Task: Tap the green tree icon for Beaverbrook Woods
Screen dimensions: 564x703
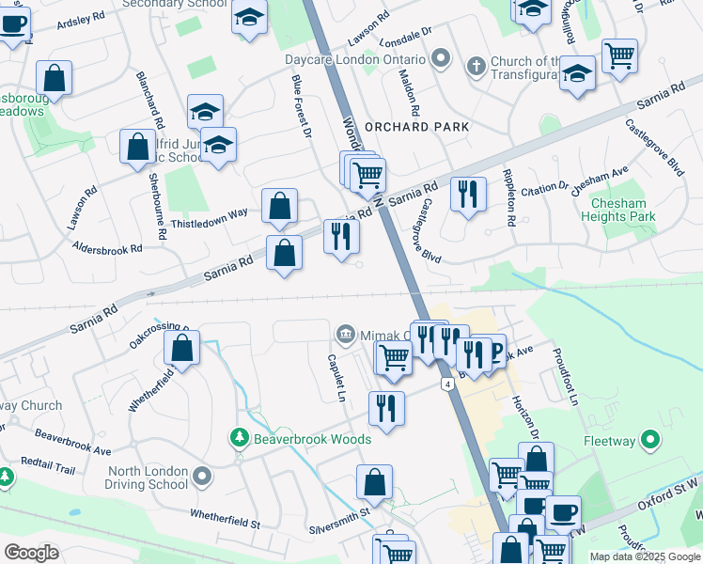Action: (240, 438)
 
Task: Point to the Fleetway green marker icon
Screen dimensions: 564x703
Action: (649, 439)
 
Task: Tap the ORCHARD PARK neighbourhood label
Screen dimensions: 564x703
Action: (416, 127)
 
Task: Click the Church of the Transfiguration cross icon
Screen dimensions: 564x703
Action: (476, 65)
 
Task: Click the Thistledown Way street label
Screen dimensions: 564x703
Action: (210, 218)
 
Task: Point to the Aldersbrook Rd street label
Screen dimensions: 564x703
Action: (107, 248)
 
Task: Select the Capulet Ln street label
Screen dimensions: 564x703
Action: (335, 373)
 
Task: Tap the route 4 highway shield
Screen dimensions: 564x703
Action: (448, 384)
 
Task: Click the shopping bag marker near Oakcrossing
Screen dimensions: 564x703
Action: (181, 347)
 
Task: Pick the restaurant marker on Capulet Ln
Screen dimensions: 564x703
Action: (386, 408)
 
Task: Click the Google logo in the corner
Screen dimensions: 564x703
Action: (31, 553)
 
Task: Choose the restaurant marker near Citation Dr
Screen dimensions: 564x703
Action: (468, 195)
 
